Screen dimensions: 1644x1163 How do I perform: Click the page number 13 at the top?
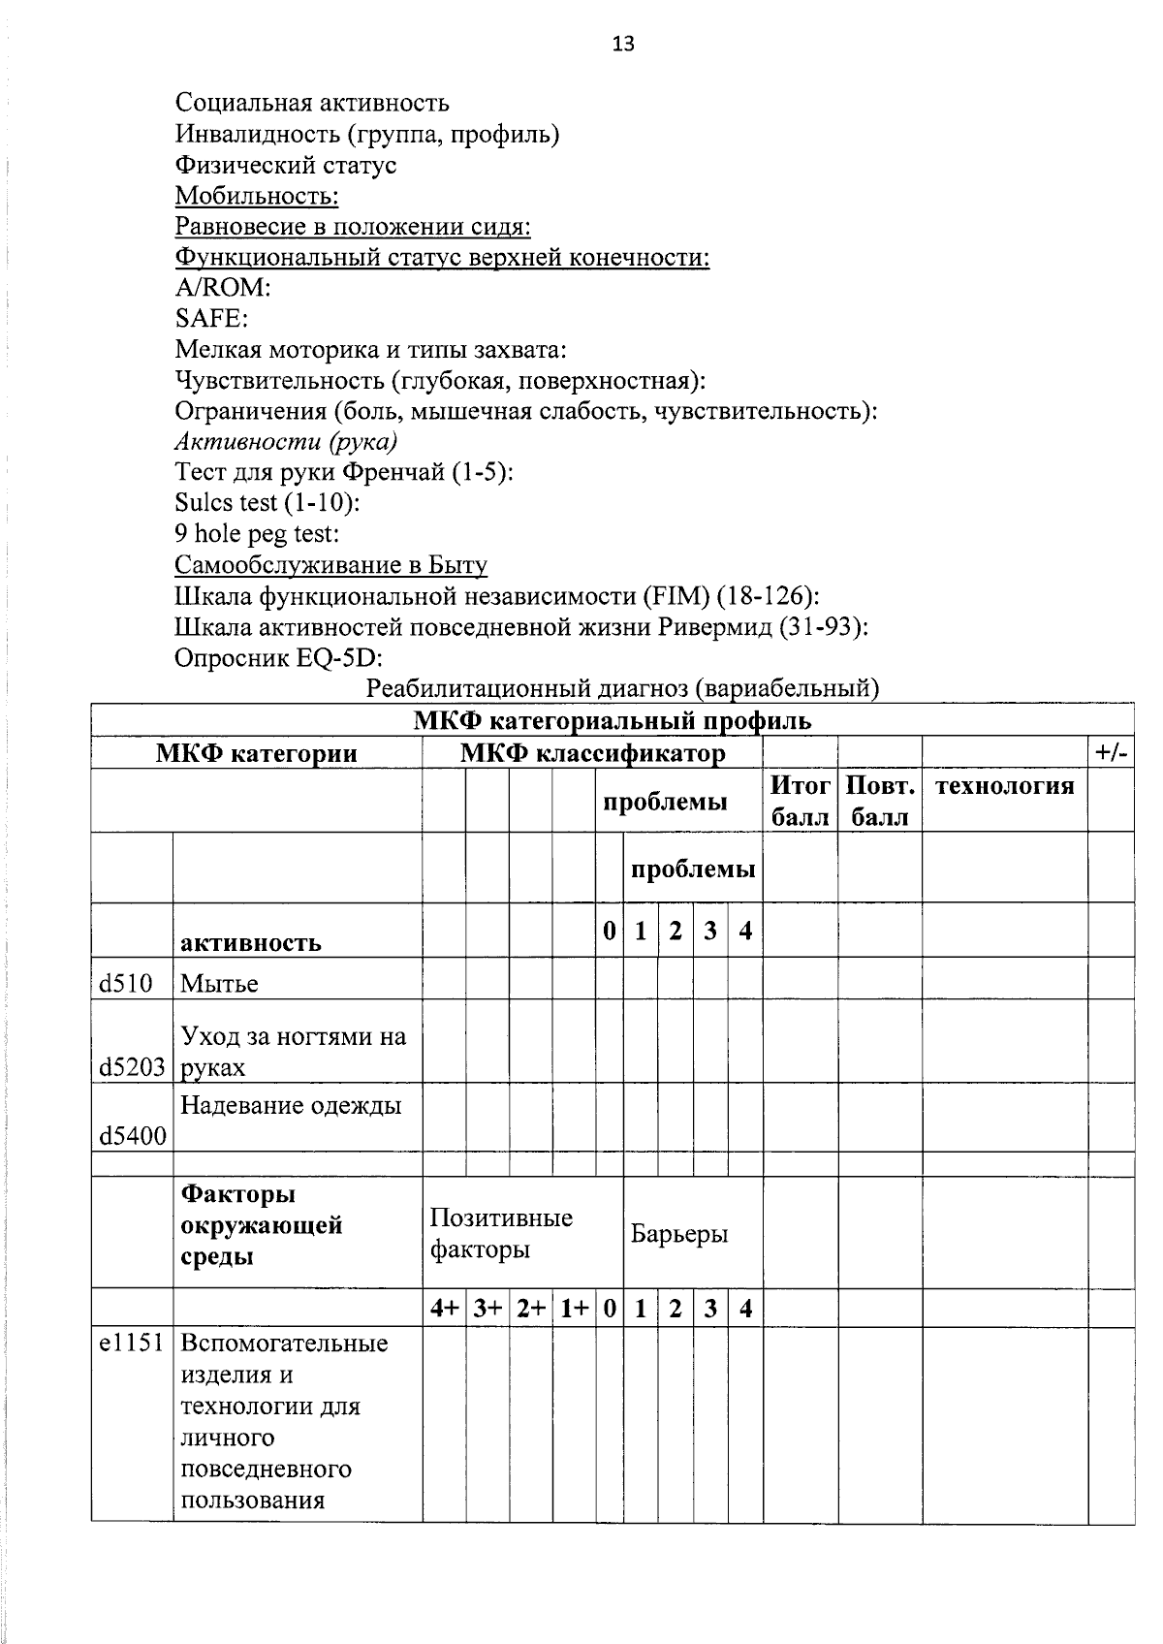click(x=623, y=44)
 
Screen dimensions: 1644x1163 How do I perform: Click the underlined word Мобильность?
click(x=256, y=196)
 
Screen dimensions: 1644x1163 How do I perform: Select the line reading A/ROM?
click(x=222, y=288)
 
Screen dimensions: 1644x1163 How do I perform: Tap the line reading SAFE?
click(x=211, y=319)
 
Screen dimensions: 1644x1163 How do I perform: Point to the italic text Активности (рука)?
click(x=287, y=442)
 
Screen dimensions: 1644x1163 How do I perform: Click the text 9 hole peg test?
click(x=257, y=534)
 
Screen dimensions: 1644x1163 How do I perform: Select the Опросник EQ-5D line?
click(x=278, y=658)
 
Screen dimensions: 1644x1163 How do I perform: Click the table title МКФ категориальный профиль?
click(x=613, y=721)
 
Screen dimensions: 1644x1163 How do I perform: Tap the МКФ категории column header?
click(x=257, y=753)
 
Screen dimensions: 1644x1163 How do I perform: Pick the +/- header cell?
click(x=1111, y=753)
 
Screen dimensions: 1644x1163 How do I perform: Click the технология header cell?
click(x=1004, y=786)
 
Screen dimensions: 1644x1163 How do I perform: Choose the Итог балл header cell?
click(x=801, y=801)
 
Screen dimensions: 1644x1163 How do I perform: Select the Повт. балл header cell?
click(x=880, y=801)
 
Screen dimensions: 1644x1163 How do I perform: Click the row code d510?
click(x=126, y=984)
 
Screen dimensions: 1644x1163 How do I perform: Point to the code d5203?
click(x=132, y=1068)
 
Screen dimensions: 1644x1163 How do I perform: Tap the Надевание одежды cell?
click(x=291, y=1106)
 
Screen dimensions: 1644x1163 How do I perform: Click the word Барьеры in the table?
click(x=679, y=1234)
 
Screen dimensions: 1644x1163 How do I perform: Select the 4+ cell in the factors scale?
click(x=445, y=1309)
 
